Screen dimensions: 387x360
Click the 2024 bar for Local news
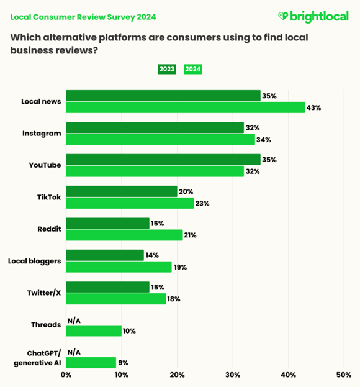(185, 107)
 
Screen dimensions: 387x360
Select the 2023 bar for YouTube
(163, 160)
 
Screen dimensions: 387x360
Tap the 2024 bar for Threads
(93, 330)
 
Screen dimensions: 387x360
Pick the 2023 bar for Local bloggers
(104, 255)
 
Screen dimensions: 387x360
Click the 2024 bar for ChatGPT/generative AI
(91, 362)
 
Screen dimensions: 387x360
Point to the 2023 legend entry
(167, 69)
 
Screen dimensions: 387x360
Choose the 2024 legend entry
(193, 69)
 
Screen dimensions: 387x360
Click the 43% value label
(313, 107)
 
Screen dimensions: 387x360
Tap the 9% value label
(123, 362)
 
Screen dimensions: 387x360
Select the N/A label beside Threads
(74, 320)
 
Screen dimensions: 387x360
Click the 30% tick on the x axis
(233, 375)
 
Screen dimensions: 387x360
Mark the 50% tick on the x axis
(343, 375)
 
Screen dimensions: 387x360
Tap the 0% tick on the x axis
(66, 375)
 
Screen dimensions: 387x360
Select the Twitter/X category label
(44, 293)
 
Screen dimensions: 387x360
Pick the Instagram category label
(42, 133)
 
